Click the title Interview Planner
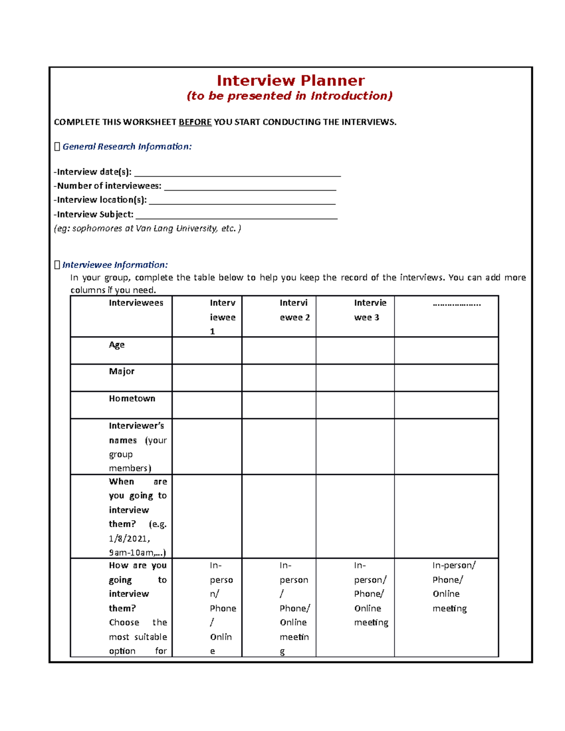tap(291, 80)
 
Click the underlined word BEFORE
tap(195, 122)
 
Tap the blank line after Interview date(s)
tap(237, 173)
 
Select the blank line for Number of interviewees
tap(250, 187)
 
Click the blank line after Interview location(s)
tap(242, 201)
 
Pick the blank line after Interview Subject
tap(236, 216)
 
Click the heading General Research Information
tap(127, 147)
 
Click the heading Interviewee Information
tap(115, 265)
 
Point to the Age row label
tap(117, 345)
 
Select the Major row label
tap(121, 371)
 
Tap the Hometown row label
tap(132, 399)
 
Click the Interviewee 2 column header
tap(294, 310)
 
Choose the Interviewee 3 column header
tap(370, 310)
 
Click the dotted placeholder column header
tap(457, 304)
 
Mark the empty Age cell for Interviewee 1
tap(207, 351)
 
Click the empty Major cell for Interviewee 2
tap(279, 378)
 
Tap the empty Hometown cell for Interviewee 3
tap(355, 405)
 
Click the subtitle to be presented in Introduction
tap(290, 96)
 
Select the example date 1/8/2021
tap(129, 538)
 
